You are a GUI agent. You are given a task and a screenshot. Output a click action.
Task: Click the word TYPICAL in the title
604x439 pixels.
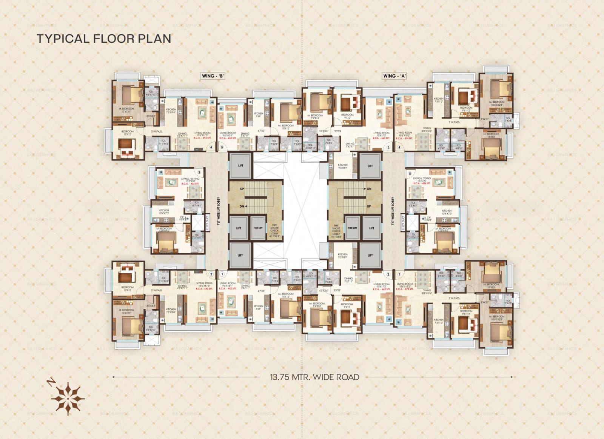tap(63, 39)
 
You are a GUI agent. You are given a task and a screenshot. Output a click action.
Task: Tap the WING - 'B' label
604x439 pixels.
tap(213, 76)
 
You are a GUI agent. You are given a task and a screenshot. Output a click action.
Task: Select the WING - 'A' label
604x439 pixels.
tap(394, 76)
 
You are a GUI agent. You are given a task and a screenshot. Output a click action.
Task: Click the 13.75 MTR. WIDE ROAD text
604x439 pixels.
tap(314, 377)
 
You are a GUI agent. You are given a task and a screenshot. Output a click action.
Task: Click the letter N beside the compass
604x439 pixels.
tap(49, 383)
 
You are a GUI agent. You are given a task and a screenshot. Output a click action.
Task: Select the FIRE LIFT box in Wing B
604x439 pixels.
tap(258, 228)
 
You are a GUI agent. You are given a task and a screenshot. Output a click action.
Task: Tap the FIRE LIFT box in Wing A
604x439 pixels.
tap(352, 228)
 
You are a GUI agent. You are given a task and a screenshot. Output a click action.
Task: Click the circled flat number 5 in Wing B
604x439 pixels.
tap(222, 148)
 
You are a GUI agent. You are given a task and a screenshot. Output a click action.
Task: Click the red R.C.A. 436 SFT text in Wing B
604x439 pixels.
tap(190, 183)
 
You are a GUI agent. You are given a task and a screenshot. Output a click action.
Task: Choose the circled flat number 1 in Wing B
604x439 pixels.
tap(222, 274)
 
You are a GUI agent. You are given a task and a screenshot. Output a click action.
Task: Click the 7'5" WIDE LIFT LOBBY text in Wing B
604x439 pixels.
tap(219, 211)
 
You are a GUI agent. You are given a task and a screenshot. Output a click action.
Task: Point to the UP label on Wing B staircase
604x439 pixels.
tap(242, 189)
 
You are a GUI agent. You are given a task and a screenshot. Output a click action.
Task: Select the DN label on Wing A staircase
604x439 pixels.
tap(369, 189)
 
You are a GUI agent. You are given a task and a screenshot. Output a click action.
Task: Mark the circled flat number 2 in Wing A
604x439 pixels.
tap(388, 274)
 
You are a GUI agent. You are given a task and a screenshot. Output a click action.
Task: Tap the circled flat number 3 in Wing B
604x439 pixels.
tap(199, 173)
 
